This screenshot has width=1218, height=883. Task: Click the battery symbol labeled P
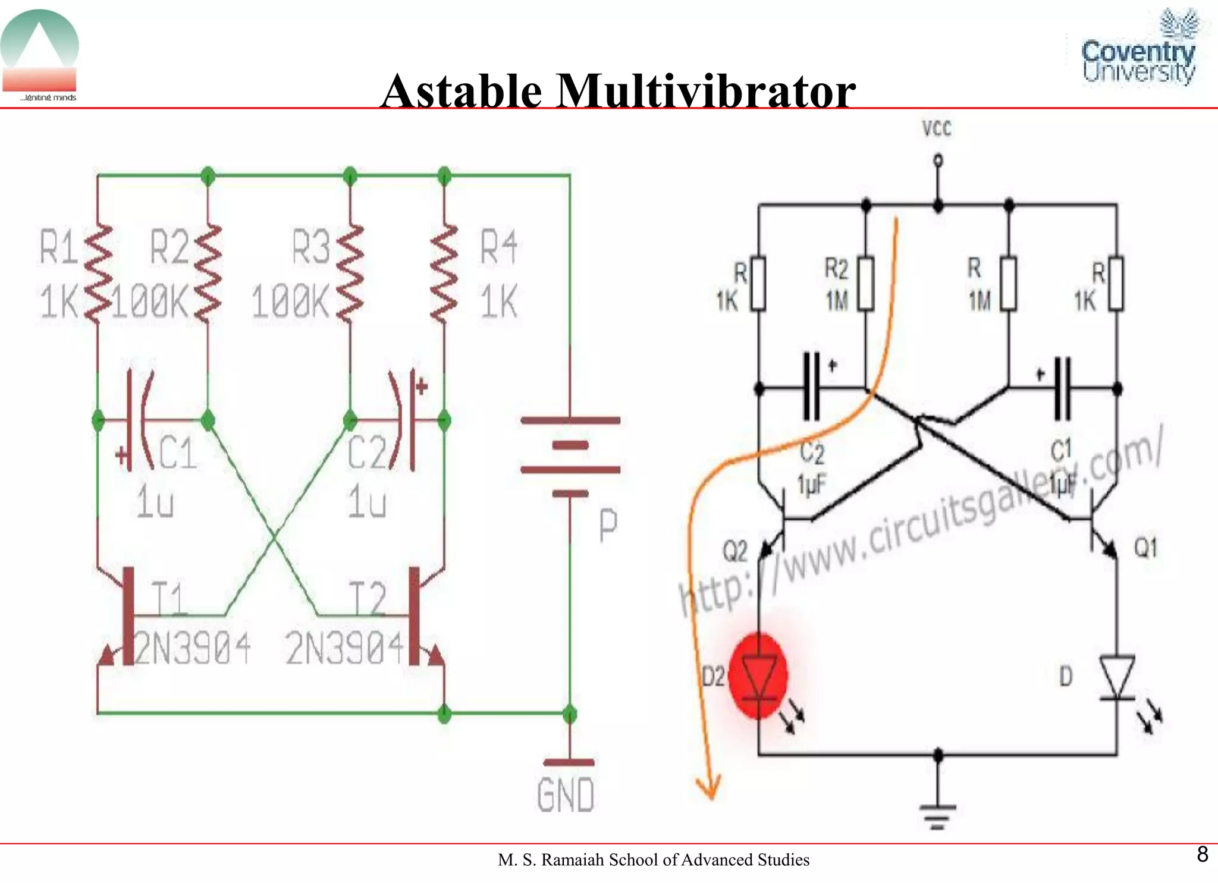(x=570, y=457)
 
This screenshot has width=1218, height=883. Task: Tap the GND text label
(x=565, y=795)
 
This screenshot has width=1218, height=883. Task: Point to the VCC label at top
(x=937, y=129)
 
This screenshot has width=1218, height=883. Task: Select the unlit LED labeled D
(x=1116, y=678)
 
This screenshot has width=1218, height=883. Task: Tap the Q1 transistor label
(x=1145, y=548)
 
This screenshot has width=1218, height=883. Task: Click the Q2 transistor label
(x=734, y=551)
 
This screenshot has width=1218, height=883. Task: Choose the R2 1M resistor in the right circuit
(x=865, y=284)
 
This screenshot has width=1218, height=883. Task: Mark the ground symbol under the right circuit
(x=937, y=816)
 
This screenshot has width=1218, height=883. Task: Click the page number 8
(x=1202, y=854)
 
